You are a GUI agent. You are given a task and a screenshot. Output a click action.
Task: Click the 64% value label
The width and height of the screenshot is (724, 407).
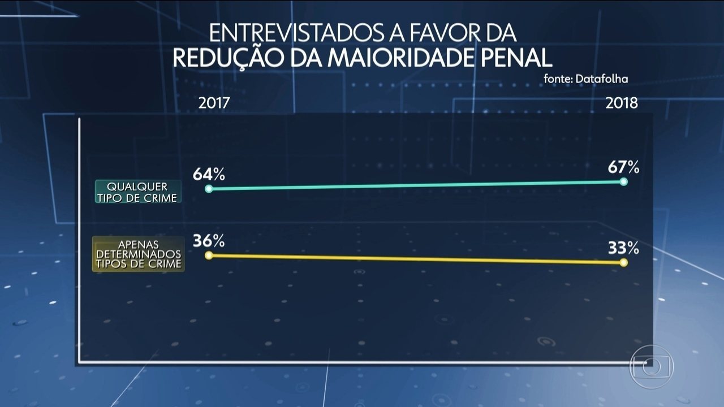pyautogui.click(x=209, y=174)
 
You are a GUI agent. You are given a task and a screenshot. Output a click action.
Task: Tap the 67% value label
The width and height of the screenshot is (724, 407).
pyautogui.click(x=623, y=167)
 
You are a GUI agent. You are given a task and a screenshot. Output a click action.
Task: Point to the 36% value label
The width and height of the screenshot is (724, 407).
pyautogui.click(x=209, y=240)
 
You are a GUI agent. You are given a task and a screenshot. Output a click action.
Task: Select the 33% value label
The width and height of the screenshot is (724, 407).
pyautogui.click(x=623, y=248)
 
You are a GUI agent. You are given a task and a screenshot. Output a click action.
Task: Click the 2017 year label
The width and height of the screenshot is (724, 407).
pyautogui.click(x=214, y=103)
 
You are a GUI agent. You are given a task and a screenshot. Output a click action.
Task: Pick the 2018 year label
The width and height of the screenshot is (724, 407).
pyautogui.click(x=622, y=103)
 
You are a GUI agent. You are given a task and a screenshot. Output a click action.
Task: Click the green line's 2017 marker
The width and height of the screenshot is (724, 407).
pyautogui.click(x=209, y=189)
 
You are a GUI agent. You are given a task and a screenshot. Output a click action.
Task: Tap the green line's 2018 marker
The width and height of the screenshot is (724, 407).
pyautogui.click(x=624, y=181)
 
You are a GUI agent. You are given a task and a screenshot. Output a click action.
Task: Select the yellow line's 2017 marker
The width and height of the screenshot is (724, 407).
pyautogui.click(x=209, y=256)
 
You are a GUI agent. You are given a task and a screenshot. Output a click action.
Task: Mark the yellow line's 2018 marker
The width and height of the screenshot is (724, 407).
pyautogui.click(x=624, y=262)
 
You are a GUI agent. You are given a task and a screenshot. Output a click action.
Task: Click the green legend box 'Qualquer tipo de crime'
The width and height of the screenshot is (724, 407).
pyautogui.click(x=138, y=192)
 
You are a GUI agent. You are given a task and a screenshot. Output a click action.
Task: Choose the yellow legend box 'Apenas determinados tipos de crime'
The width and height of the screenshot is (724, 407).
pyautogui.click(x=138, y=254)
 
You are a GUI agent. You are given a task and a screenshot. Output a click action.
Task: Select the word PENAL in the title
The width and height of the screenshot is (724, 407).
pyautogui.click(x=514, y=58)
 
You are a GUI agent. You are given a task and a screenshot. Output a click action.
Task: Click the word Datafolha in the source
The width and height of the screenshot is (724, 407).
pyautogui.click(x=602, y=79)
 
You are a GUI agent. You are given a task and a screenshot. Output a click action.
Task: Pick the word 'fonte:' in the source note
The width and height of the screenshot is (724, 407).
pyautogui.click(x=557, y=79)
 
